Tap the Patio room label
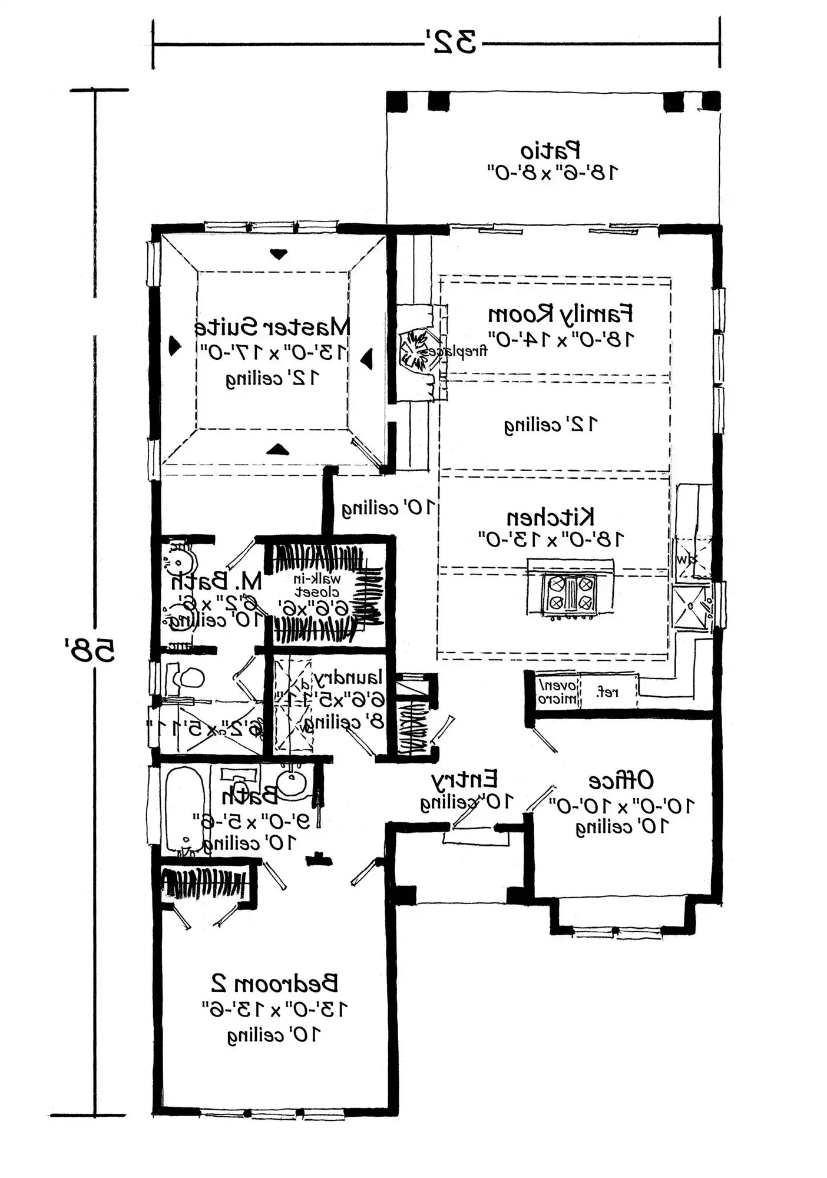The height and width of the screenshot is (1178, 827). tap(550, 151)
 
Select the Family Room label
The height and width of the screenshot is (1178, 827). tap(560, 314)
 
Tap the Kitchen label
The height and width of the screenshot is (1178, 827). tap(550, 517)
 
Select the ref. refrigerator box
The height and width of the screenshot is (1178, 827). tap(607, 693)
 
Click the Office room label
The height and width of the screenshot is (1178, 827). tap(621, 780)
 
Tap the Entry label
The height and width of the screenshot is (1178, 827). tap(465, 779)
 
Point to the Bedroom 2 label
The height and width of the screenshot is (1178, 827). tap(274, 983)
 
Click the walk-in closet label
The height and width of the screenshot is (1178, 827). tap(317, 585)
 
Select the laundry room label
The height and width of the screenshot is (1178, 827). tap(349, 677)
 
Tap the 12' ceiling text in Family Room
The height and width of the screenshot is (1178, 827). tap(551, 424)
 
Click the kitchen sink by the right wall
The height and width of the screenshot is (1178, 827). tap(692, 607)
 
